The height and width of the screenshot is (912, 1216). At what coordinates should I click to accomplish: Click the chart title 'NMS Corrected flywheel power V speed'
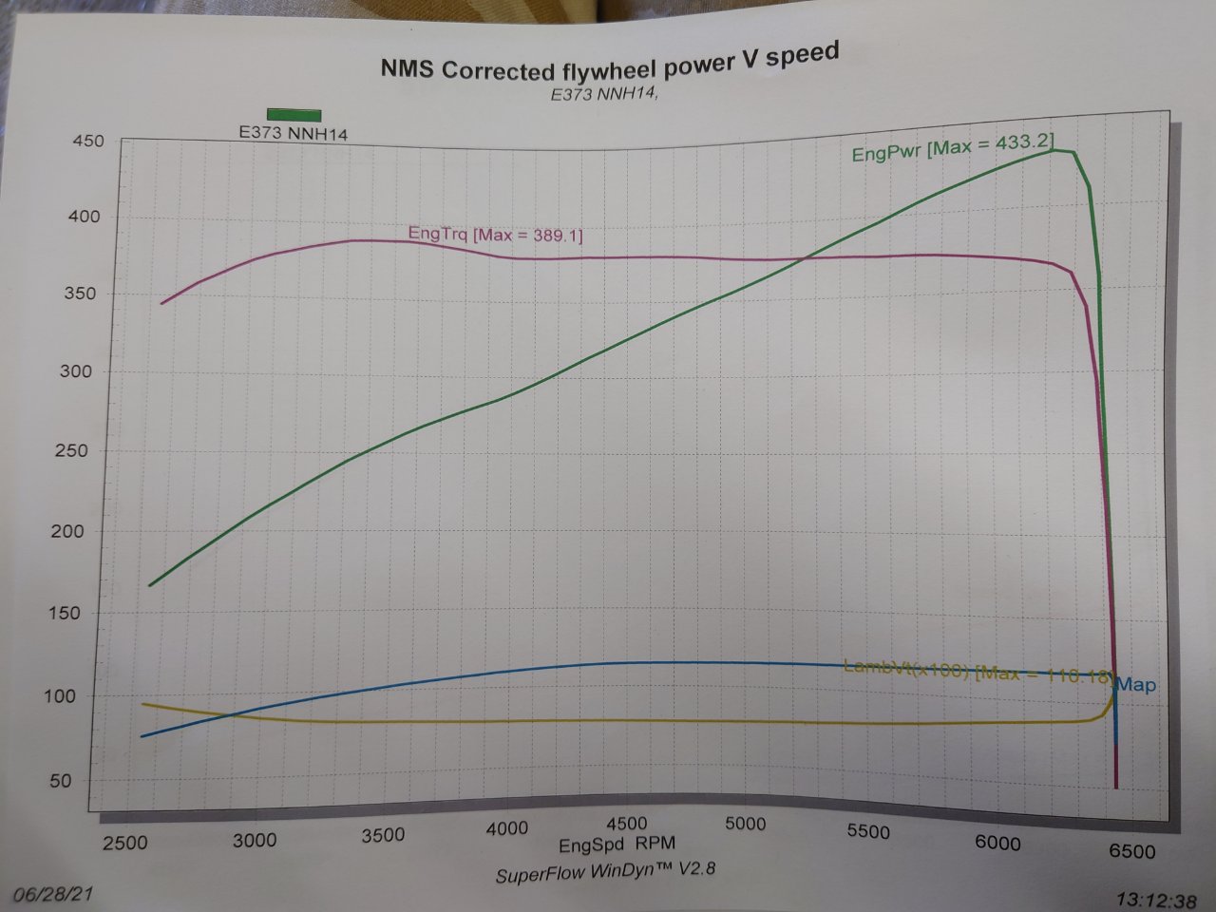(x=609, y=63)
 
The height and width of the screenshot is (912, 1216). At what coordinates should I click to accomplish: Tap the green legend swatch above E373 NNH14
(x=294, y=115)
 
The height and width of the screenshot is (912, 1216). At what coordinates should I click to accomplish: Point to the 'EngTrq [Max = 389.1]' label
(x=495, y=234)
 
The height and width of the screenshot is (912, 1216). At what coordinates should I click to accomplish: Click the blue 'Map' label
(x=1136, y=684)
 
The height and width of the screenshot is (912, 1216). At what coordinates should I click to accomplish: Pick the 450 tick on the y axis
(x=87, y=141)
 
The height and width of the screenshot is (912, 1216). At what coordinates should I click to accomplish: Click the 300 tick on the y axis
(x=76, y=371)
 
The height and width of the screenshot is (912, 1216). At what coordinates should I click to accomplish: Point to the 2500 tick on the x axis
(x=125, y=842)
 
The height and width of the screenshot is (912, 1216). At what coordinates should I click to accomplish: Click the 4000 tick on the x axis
(x=506, y=827)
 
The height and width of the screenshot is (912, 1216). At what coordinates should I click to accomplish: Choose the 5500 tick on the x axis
(x=867, y=831)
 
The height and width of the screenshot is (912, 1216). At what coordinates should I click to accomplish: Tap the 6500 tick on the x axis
(x=1131, y=850)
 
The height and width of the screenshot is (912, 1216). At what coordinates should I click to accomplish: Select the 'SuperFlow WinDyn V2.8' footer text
(x=603, y=871)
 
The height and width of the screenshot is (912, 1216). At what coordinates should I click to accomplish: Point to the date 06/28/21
(x=52, y=895)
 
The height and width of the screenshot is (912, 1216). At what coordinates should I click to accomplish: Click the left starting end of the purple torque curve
(x=161, y=303)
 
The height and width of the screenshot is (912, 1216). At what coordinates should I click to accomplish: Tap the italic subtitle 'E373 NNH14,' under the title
(x=604, y=94)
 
